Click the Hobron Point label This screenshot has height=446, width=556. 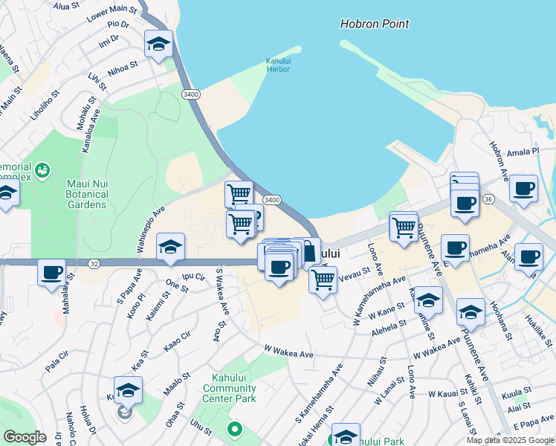tap(375, 24)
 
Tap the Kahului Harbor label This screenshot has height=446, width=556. tap(278, 65)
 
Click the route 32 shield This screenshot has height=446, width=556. tap(94, 263)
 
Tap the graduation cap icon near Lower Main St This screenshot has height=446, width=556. tap(158, 45)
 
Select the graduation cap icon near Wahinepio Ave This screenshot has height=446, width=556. tap(170, 248)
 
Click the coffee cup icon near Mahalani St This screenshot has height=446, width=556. tap(52, 273)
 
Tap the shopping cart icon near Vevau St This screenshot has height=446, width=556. tap(323, 280)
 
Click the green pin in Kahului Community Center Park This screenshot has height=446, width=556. tap(235, 429)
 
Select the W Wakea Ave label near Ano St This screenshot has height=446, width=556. tap(288, 350)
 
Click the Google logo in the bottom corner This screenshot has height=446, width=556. tap(25, 437)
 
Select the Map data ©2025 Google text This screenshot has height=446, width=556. tap(511, 440)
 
